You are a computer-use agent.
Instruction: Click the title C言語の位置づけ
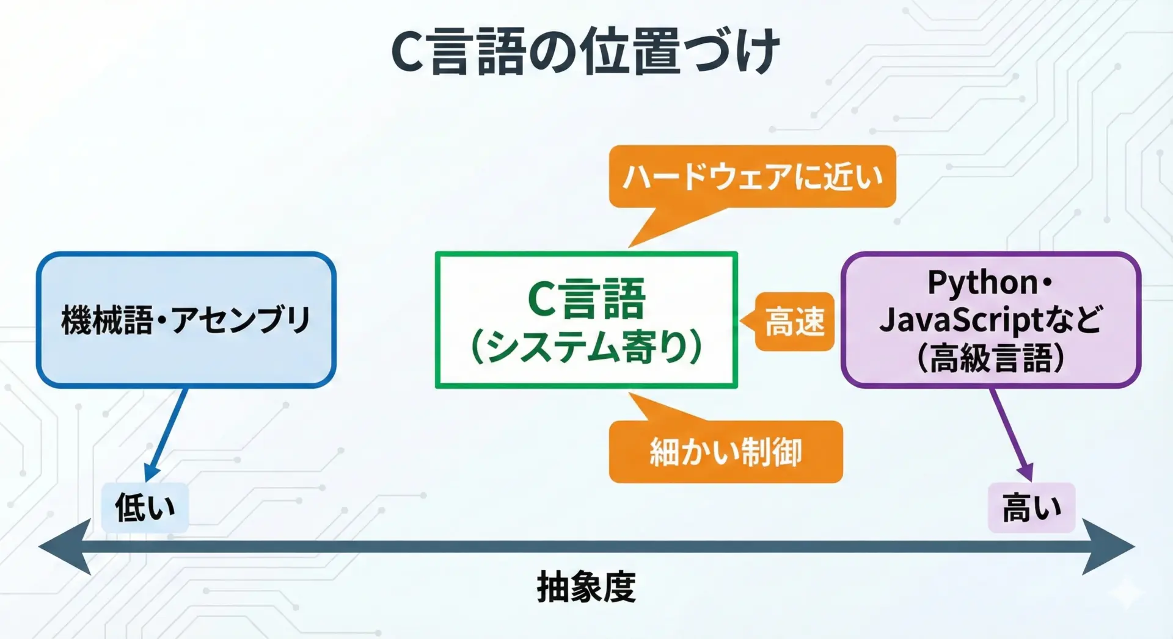click(x=585, y=51)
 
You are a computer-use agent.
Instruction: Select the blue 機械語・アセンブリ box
click(x=186, y=319)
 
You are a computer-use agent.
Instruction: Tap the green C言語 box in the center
click(x=586, y=320)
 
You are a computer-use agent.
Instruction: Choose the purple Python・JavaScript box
click(x=991, y=319)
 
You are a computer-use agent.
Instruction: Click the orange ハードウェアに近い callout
click(x=753, y=177)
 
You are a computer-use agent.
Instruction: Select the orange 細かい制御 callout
click(x=726, y=452)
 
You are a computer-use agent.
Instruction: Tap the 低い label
click(x=145, y=507)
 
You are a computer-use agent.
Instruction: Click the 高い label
click(x=1032, y=507)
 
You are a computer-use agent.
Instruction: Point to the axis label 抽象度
click(x=586, y=587)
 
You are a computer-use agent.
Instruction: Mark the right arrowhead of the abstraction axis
click(x=1108, y=546)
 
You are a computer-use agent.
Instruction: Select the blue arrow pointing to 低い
click(x=166, y=435)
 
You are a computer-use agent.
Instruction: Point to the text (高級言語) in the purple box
click(x=991, y=357)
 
